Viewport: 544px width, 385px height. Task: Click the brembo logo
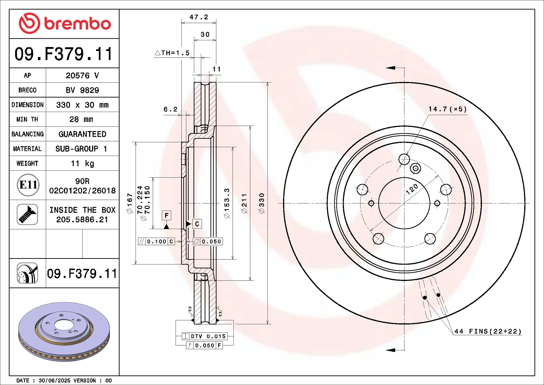point(65,23)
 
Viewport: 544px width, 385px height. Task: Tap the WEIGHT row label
point(27,163)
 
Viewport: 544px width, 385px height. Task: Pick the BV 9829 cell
point(82,90)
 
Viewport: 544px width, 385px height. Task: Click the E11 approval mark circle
point(28,185)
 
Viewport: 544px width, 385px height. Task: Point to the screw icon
point(27,214)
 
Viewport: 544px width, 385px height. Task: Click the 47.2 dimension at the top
point(199,17)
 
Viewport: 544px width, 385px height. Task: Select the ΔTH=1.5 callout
point(172,53)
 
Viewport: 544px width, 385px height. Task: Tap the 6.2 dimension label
point(171,109)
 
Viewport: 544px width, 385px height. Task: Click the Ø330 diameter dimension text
point(262,203)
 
